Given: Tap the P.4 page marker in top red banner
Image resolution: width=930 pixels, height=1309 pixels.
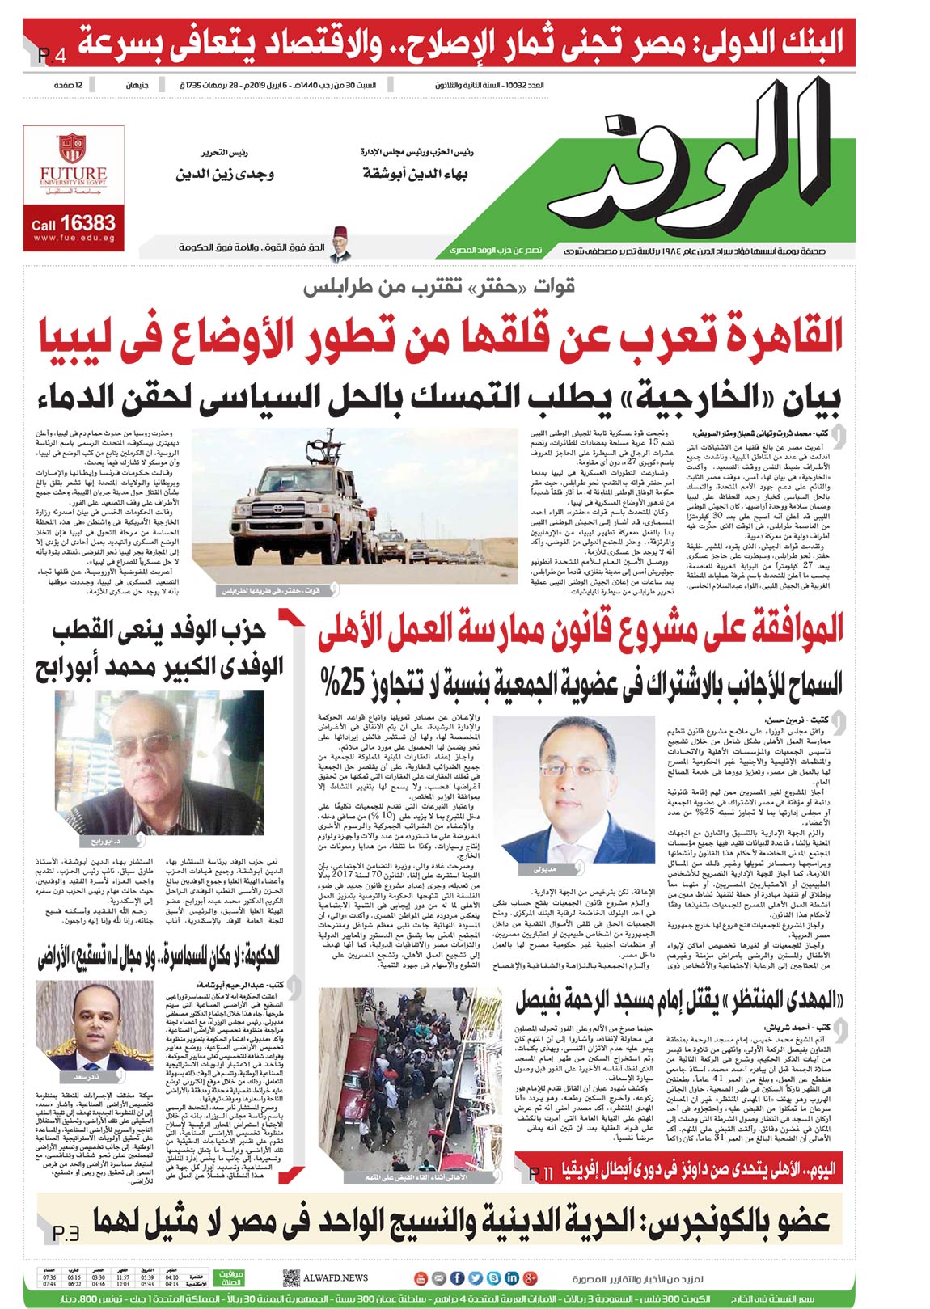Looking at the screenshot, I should [50, 57].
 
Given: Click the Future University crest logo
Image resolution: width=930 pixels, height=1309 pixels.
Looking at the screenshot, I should [73, 149].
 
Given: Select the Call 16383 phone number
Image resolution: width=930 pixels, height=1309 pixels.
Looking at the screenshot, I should [74, 223].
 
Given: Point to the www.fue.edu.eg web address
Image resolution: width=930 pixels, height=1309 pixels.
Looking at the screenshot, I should [74, 239].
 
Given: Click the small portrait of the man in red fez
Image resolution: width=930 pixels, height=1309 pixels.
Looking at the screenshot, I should [340, 248].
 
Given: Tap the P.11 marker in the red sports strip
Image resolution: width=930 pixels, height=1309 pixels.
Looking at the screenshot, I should [540, 1172].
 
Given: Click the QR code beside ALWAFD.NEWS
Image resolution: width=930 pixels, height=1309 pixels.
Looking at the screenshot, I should [291, 1277].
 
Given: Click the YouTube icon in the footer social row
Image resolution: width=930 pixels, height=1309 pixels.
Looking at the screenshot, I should [420, 1278].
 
